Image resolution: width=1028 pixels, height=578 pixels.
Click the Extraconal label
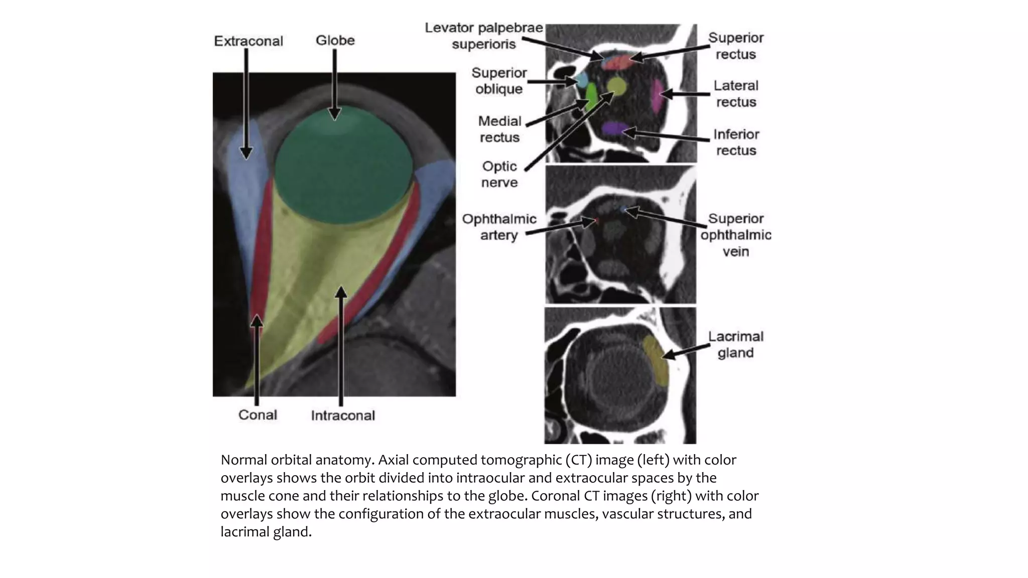point(248,41)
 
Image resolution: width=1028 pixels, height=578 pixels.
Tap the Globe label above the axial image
point(335,40)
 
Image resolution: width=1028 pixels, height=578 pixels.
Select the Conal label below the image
point(258,415)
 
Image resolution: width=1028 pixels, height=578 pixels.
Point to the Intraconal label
point(343,415)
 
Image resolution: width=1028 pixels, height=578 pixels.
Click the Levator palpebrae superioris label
point(484,36)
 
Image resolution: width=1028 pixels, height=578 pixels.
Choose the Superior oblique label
point(499,81)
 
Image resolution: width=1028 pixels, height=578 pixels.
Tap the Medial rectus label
point(499,129)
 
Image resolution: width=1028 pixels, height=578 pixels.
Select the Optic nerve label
point(499,174)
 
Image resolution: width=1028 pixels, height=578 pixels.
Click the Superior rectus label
point(735,46)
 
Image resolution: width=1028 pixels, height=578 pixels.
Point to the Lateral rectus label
point(736,94)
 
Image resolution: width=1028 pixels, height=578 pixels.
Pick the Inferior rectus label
point(736,142)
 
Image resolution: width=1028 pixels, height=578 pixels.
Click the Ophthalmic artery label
point(499,227)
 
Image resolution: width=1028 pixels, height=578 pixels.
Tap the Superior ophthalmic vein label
point(735,235)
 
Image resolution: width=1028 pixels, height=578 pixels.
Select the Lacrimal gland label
point(735,344)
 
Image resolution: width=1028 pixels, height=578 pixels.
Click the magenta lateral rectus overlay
point(657,95)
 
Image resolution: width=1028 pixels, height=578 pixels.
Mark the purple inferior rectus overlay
point(614,128)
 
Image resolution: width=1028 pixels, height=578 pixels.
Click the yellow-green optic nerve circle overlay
point(616,86)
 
